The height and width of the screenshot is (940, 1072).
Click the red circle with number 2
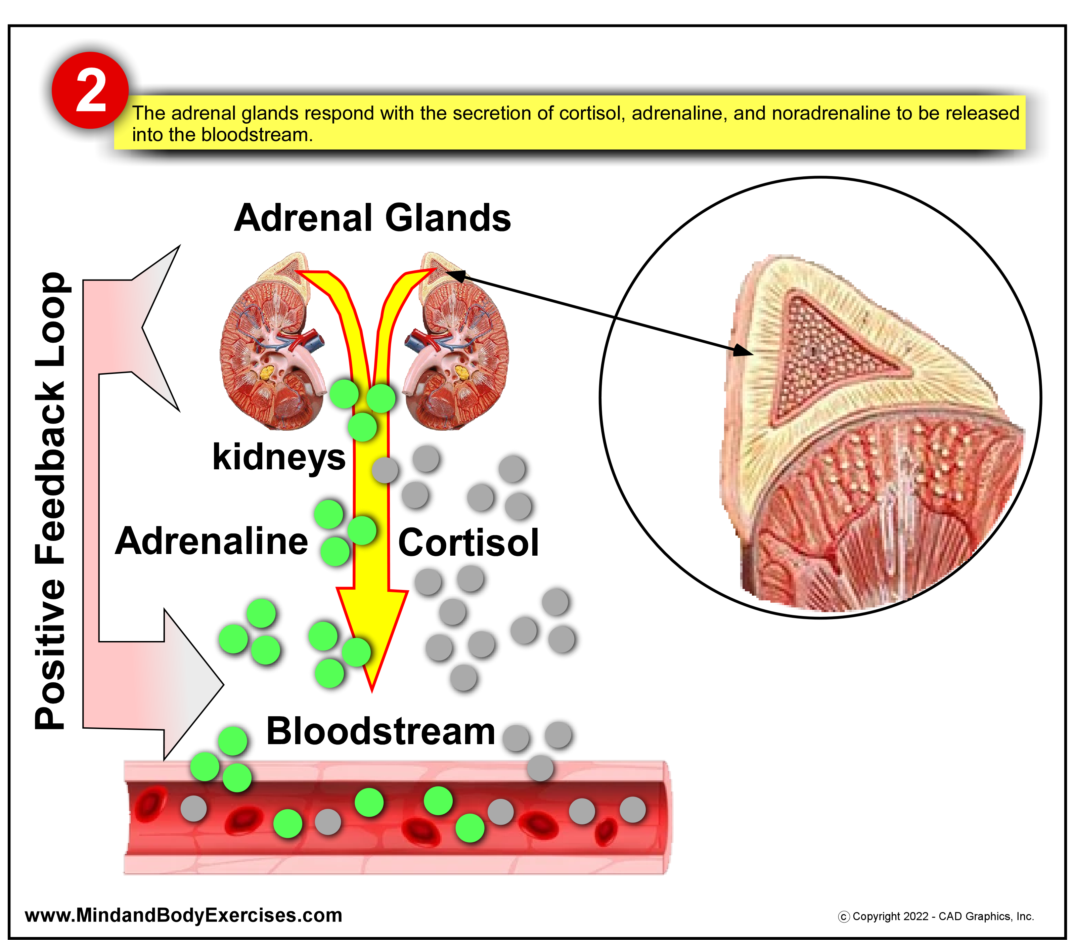click(90, 90)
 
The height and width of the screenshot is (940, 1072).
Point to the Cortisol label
click(468, 543)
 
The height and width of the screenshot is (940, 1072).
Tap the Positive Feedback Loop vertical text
click(50, 501)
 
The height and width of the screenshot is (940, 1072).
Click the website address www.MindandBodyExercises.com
click(184, 915)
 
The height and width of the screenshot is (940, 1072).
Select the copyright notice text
click(936, 916)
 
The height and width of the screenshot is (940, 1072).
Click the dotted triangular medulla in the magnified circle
click(823, 357)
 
